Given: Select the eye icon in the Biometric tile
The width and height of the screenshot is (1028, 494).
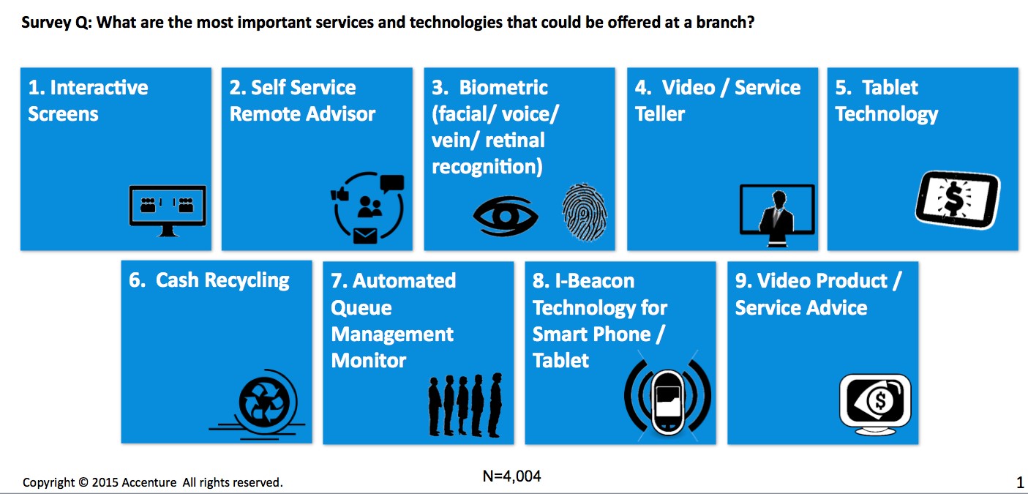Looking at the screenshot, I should tap(505, 215).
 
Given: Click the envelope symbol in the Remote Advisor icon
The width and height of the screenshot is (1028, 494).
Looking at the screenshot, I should tap(364, 236).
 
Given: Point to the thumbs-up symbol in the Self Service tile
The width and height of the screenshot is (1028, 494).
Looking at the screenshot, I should tap(338, 195).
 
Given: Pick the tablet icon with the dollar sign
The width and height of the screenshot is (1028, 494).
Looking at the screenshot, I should tap(956, 198).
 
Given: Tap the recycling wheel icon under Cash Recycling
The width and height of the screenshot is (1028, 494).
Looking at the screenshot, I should tap(258, 403).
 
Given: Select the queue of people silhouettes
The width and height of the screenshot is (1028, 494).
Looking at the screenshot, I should tap(465, 405).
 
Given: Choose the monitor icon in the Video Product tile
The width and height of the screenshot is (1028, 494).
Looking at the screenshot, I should tap(874, 401).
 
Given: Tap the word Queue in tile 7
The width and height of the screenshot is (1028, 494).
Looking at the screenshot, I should tap(361, 307).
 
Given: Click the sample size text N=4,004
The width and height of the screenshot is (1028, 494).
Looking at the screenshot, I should tap(511, 476).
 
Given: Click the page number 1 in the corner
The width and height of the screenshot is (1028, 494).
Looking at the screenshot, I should tap(1020, 483).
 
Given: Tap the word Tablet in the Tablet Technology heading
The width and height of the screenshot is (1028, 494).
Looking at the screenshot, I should tap(890, 88).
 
